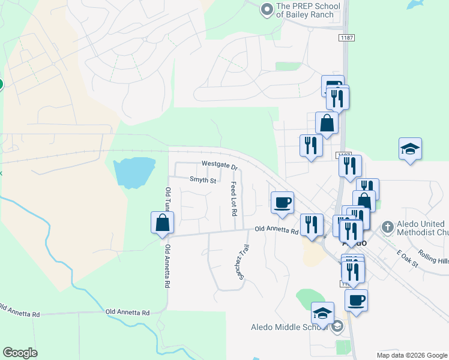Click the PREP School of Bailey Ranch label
pyautogui.click(x=308, y=11)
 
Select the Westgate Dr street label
pyautogui.click(x=220, y=164)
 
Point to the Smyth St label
pyautogui.click(x=202, y=179)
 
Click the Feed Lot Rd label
pyautogui.click(x=234, y=199)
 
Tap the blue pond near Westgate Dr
pyautogui.click(x=134, y=172)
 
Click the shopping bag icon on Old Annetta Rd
pyautogui.click(x=162, y=223)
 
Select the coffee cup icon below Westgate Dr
pyautogui.click(x=282, y=202)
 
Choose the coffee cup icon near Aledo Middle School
pyautogui.click(x=356, y=300)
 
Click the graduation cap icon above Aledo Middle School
pyautogui.click(x=322, y=313)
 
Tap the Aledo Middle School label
pyautogui.click(x=289, y=327)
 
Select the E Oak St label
pyautogui.click(x=406, y=255)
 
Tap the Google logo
pyautogui.click(x=20, y=353)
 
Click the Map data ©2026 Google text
pyautogui.click(x=411, y=355)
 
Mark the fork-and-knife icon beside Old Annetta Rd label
pyautogui.click(x=311, y=224)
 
